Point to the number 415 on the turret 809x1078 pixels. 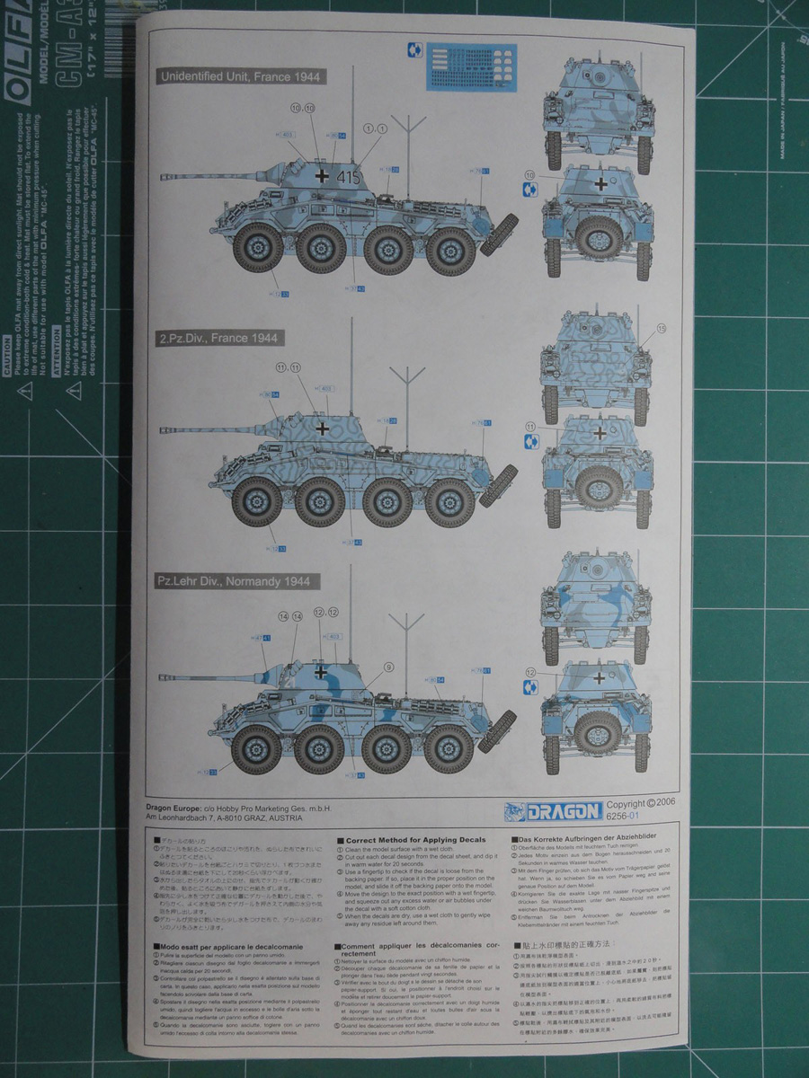(x=349, y=177)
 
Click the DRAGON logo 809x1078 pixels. (x=563, y=811)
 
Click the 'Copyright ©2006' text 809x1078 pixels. (x=638, y=804)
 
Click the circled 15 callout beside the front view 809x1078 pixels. (x=662, y=329)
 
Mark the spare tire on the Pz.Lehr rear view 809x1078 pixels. (x=599, y=732)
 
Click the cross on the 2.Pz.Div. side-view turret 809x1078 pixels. (x=321, y=429)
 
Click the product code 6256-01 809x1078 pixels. (x=622, y=816)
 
